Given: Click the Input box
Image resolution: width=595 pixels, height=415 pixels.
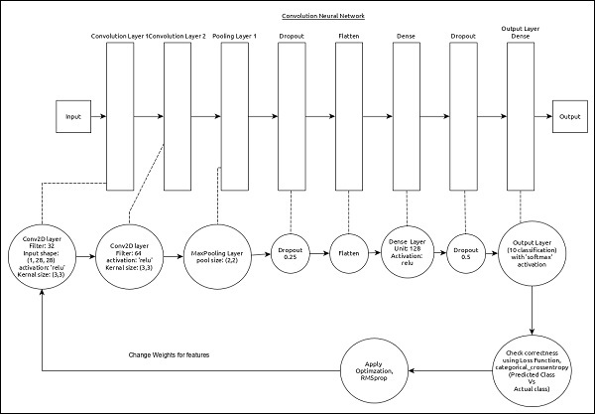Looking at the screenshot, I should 73,116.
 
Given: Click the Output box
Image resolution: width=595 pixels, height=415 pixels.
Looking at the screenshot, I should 569,116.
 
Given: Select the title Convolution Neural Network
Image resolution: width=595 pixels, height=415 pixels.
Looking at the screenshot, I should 324,17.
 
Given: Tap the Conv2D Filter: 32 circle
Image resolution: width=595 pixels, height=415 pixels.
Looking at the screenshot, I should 41,255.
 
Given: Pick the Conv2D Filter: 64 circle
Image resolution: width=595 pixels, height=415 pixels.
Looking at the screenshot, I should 129,255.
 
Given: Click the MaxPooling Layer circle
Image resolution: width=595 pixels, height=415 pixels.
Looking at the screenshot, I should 220,255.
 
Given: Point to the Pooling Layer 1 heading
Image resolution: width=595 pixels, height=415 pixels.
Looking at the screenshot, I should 234,37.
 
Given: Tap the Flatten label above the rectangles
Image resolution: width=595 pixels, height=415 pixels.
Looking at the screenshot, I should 351,37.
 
